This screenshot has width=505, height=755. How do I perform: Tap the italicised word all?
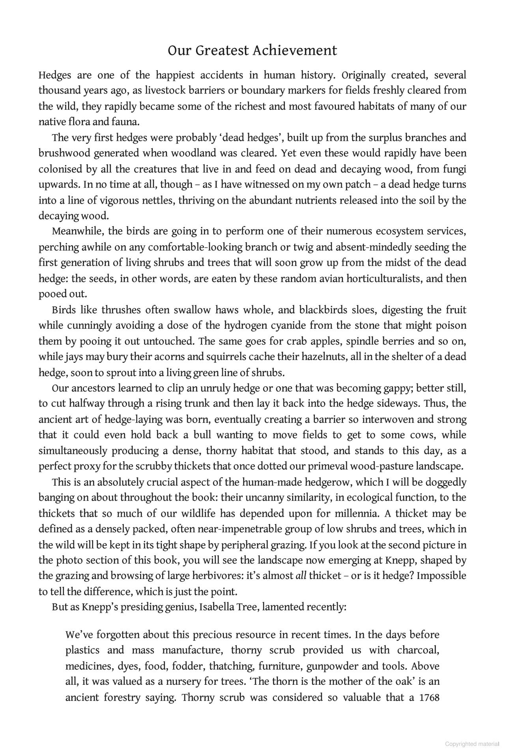301,576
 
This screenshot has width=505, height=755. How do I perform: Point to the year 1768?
430,697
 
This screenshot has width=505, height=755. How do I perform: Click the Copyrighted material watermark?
472,744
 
